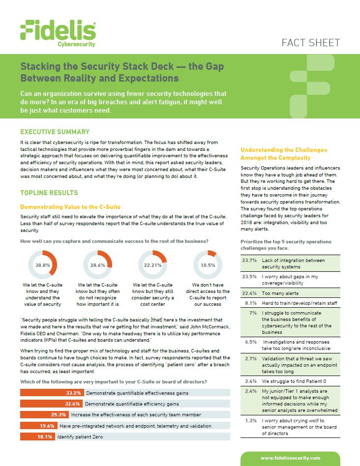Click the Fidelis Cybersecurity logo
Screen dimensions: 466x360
(x=58, y=33)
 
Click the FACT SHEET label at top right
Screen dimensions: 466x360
(x=310, y=42)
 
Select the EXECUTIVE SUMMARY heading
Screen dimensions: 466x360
(x=55, y=132)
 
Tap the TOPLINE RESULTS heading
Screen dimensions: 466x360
(x=49, y=193)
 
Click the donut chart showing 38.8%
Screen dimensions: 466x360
(x=43, y=264)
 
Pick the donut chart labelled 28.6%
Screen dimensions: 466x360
(x=97, y=264)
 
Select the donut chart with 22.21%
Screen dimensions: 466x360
(x=153, y=264)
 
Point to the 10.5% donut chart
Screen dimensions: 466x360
(x=208, y=264)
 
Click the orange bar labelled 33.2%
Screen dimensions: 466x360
(x=51, y=393)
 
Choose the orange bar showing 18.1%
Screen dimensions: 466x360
(x=37, y=436)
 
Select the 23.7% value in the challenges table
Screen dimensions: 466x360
(x=249, y=260)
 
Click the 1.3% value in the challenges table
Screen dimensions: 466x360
(x=251, y=421)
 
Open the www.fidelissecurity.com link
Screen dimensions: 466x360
(x=290, y=458)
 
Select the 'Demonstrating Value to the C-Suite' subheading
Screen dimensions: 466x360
(x=70, y=207)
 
